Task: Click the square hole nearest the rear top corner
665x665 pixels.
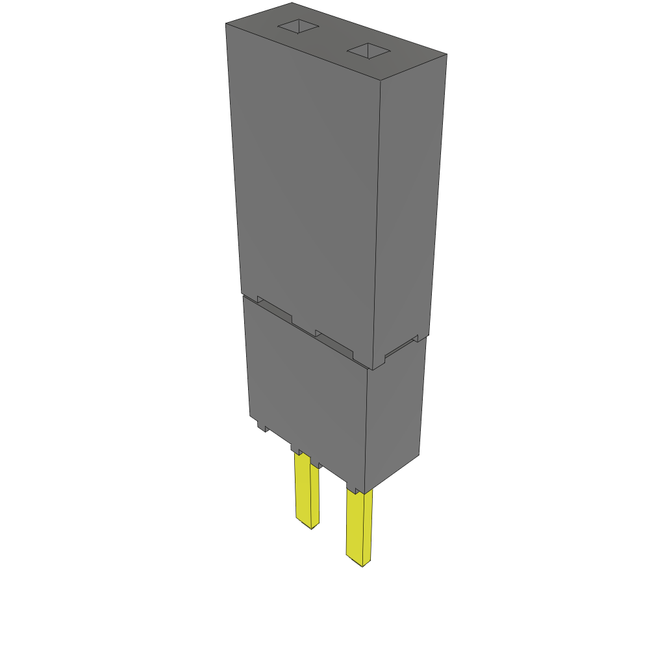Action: pyautogui.click(x=299, y=27)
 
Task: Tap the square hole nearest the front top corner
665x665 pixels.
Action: pyautogui.click(x=368, y=51)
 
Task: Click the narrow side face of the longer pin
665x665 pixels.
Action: pyautogui.click(x=368, y=526)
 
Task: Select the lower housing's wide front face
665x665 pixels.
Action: pyautogui.click(x=305, y=390)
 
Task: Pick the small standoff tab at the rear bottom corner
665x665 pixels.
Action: pyautogui.click(x=263, y=426)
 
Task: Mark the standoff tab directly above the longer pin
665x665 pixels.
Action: pyautogui.click(x=355, y=487)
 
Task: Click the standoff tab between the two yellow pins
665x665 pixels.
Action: pyautogui.click(x=317, y=462)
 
